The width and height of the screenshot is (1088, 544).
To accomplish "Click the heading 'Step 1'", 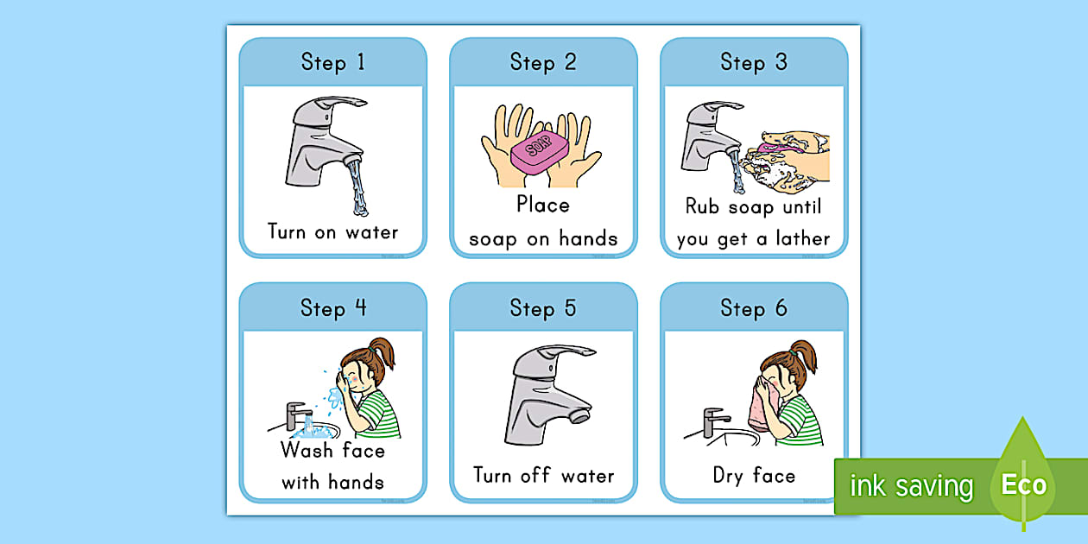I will [x=332, y=62].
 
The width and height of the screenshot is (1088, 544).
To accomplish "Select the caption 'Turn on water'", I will [x=332, y=231].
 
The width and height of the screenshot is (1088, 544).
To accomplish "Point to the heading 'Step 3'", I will [x=754, y=62].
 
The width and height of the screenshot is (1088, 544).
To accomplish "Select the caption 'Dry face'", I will [x=754, y=476].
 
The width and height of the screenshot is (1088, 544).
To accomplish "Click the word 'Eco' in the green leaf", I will [x=1023, y=485].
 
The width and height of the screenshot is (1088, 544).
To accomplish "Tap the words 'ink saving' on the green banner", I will [x=911, y=486].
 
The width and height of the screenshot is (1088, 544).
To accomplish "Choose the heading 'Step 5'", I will [x=543, y=308].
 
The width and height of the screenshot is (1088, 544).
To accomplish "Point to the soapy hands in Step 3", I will [x=790, y=160].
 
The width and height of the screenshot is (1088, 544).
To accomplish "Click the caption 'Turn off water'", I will [x=543, y=476].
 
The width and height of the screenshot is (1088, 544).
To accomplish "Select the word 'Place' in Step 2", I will [x=543, y=205].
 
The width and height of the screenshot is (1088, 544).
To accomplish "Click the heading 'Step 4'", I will [x=332, y=308].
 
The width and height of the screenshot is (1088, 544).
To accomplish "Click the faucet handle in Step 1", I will [x=332, y=107].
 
